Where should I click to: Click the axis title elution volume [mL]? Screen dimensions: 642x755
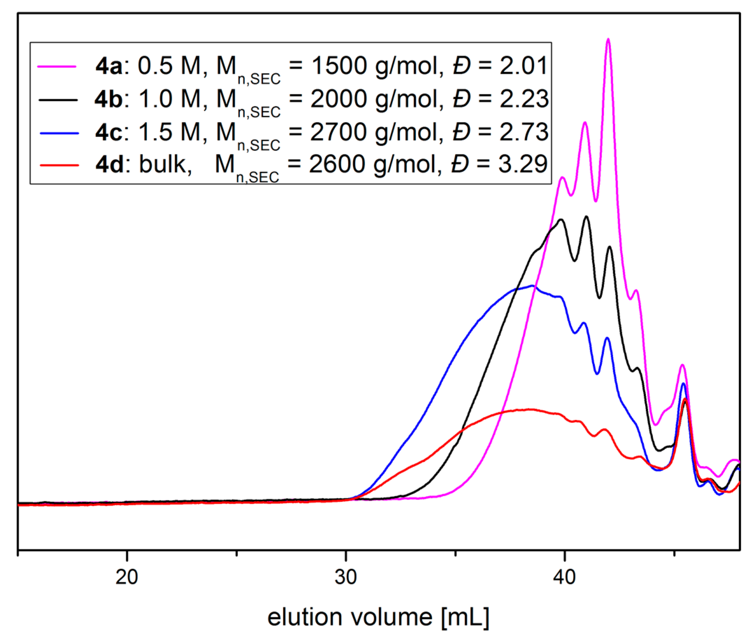click(378, 618)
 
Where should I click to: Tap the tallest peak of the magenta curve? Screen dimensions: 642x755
click(608, 40)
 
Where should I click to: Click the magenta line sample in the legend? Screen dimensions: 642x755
click(57, 67)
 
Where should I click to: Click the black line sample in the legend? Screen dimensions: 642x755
click(58, 100)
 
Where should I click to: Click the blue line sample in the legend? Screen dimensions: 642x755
click(59, 133)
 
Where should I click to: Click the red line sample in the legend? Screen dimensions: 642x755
click(59, 165)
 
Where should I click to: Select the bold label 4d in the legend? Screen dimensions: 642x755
click(109, 165)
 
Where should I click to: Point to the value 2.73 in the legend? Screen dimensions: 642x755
click(524, 132)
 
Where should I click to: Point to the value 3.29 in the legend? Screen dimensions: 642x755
click(523, 164)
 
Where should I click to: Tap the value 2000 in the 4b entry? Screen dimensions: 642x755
click(339, 99)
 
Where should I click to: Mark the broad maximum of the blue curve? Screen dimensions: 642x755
click(532, 286)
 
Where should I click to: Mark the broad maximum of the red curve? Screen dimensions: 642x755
click(528, 410)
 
